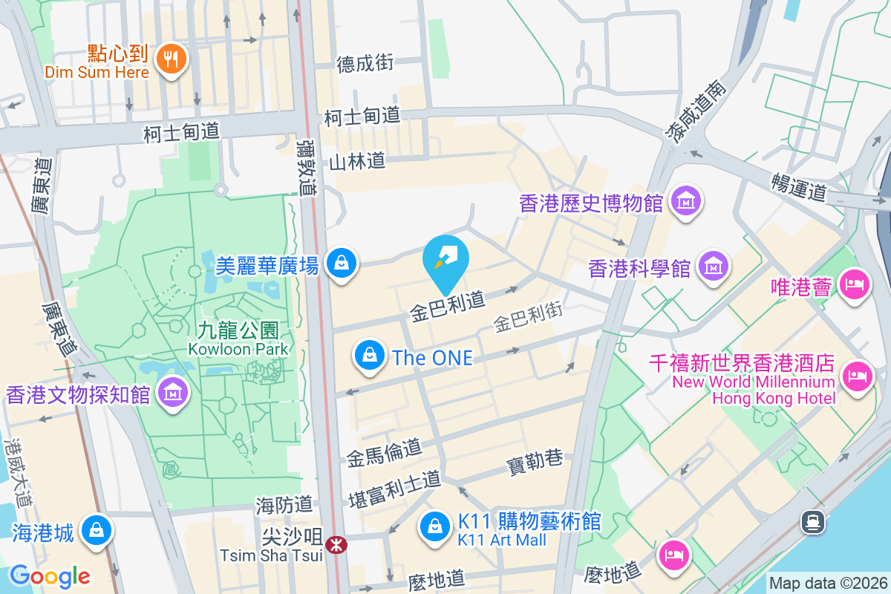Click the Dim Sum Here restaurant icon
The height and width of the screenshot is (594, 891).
(172, 60)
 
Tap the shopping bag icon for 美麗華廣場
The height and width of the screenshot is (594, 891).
(341, 264)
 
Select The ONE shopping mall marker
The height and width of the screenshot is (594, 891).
(369, 356)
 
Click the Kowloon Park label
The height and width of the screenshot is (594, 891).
(238, 338)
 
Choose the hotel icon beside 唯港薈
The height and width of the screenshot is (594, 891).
(853, 284)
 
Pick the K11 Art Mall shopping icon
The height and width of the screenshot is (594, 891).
(434, 527)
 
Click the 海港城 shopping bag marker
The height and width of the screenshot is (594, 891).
(97, 531)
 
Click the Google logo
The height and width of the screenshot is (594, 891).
(50, 575)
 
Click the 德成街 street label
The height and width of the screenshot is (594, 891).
(365, 64)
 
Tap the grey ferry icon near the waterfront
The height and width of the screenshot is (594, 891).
(814, 522)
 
